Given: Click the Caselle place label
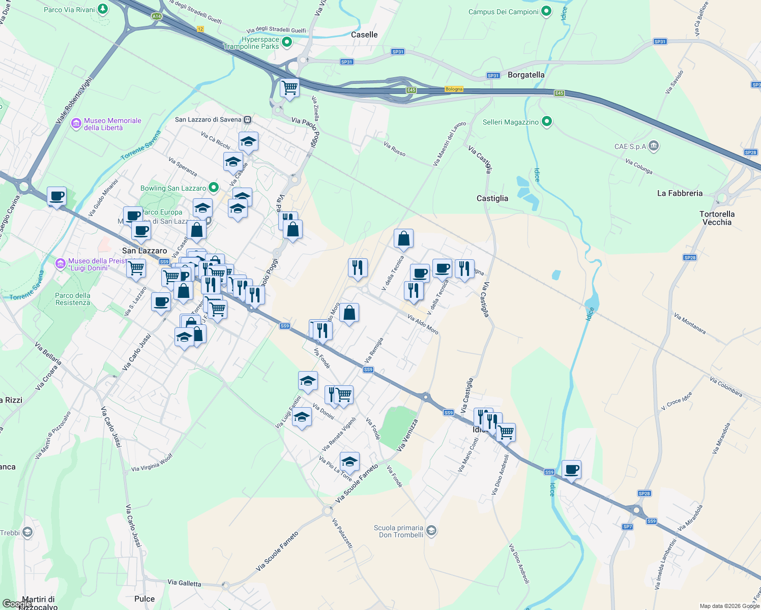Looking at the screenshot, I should pos(364,35).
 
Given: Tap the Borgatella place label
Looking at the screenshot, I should pos(526,75).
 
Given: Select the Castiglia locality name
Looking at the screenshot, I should pos(492,198).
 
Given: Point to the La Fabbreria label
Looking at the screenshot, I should pos(680,193).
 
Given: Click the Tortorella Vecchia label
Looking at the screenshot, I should pos(717,218).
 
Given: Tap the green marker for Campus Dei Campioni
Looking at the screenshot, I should pos(546,11).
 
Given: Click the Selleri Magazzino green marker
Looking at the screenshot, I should pos(547,121).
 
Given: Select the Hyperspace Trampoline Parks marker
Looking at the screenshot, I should pos(287,42).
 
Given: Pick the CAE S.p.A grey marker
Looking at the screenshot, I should pos(654,146).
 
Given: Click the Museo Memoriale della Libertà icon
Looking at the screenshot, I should pos(76,123).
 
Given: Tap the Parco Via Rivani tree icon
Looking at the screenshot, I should pos(103,9).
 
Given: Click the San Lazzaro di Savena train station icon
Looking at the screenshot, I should pos(247,120).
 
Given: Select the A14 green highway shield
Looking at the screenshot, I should pos(157,16).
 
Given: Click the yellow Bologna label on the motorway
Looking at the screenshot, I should pos(454,89).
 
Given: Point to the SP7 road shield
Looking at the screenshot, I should pos(627,527).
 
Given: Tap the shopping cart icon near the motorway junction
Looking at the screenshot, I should pos(289,87).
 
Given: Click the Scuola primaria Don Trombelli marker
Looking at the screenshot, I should pos(431,531).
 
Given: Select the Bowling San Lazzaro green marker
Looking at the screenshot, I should pos(214,188).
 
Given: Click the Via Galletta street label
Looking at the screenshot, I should pos(184,583).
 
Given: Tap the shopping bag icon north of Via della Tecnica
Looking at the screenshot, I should pos(403,238).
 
